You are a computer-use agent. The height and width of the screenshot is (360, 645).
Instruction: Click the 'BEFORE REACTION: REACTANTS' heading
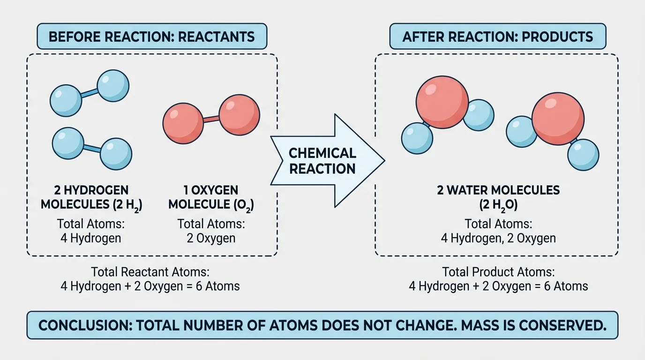[x=151, y=37]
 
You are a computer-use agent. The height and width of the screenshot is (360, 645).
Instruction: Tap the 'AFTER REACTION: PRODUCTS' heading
[x=498, y=37]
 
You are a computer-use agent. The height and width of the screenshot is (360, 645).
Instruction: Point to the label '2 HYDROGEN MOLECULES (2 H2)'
[x=92, y=197]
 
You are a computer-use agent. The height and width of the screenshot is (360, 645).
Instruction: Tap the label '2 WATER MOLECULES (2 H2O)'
[x=498, y=197]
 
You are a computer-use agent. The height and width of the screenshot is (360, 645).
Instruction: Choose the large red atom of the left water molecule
[x=442, y=103]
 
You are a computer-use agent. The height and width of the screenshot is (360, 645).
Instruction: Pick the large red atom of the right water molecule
[x=558, y=118]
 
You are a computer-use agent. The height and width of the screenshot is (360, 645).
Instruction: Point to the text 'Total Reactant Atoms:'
[x=150, y=272]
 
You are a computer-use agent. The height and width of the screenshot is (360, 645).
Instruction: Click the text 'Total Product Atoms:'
[x=498, y=272]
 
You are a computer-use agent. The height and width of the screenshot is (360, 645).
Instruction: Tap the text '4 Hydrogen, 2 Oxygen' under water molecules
[x=498, y=238]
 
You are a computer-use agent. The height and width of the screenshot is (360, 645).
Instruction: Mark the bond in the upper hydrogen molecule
[x=90, y=93]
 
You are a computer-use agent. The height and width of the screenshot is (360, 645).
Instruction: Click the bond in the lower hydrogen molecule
[x=92, y=148]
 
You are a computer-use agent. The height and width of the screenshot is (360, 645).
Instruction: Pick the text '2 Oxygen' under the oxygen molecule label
[x=211, y=238]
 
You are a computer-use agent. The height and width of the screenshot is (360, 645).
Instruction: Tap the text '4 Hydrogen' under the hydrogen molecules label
[x=91, y=238]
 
